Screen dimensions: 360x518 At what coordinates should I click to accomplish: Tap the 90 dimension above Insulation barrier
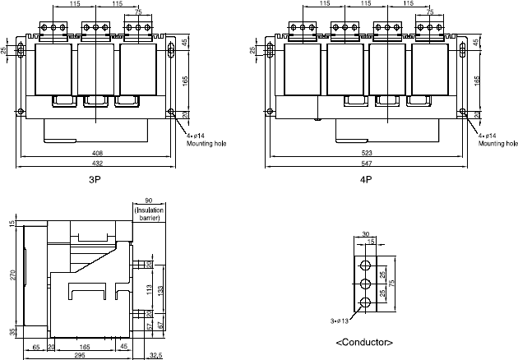click(149, 201)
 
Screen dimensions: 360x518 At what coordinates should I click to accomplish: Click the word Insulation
click(150, 210)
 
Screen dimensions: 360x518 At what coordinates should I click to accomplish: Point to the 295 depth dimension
click(81, 356)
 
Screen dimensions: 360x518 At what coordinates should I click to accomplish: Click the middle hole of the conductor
click(364, 284)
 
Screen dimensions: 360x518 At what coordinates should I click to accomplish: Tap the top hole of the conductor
click(364, 264)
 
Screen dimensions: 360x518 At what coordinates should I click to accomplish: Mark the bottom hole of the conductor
click(364, 304)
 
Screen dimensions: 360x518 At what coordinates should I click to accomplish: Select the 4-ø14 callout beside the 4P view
click(488, 135)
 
